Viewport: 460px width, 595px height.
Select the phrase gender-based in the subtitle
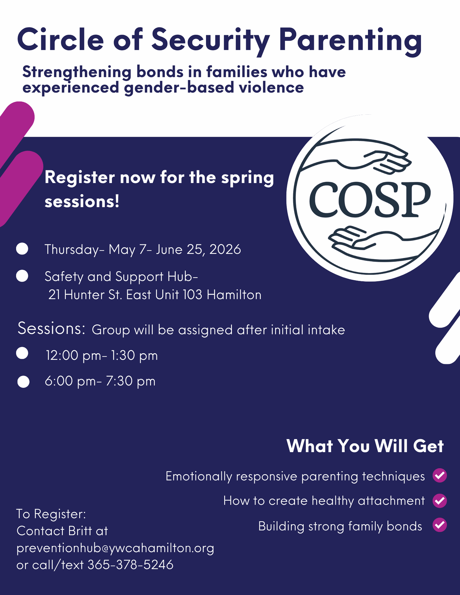pyautogui.click(x=179, y=88)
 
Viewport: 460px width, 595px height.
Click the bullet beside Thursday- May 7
pyautogui.click(x=22, y=249)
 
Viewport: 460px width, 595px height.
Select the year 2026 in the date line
pyautogui.click(x=225, y=249)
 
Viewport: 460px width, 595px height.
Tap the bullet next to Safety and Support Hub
pyautogui.click(x=22, y=276)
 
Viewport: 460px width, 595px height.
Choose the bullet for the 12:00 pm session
pyautogui.click(x=22, y=353)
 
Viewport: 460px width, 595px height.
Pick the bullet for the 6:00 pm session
pyautogui.click(x=23, y=382)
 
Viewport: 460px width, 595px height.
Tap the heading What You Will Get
pyautogui.click(x=365, y=446)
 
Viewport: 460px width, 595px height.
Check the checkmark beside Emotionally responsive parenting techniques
pyautogui.click(x=440, y=475)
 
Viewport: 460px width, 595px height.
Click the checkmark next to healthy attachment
pyautogui.click(x=440, y=500)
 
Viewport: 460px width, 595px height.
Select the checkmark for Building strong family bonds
pyautogui.click(x=440, y=525)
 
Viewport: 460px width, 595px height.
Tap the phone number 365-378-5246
pyautogui.click(x=130, y=565)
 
